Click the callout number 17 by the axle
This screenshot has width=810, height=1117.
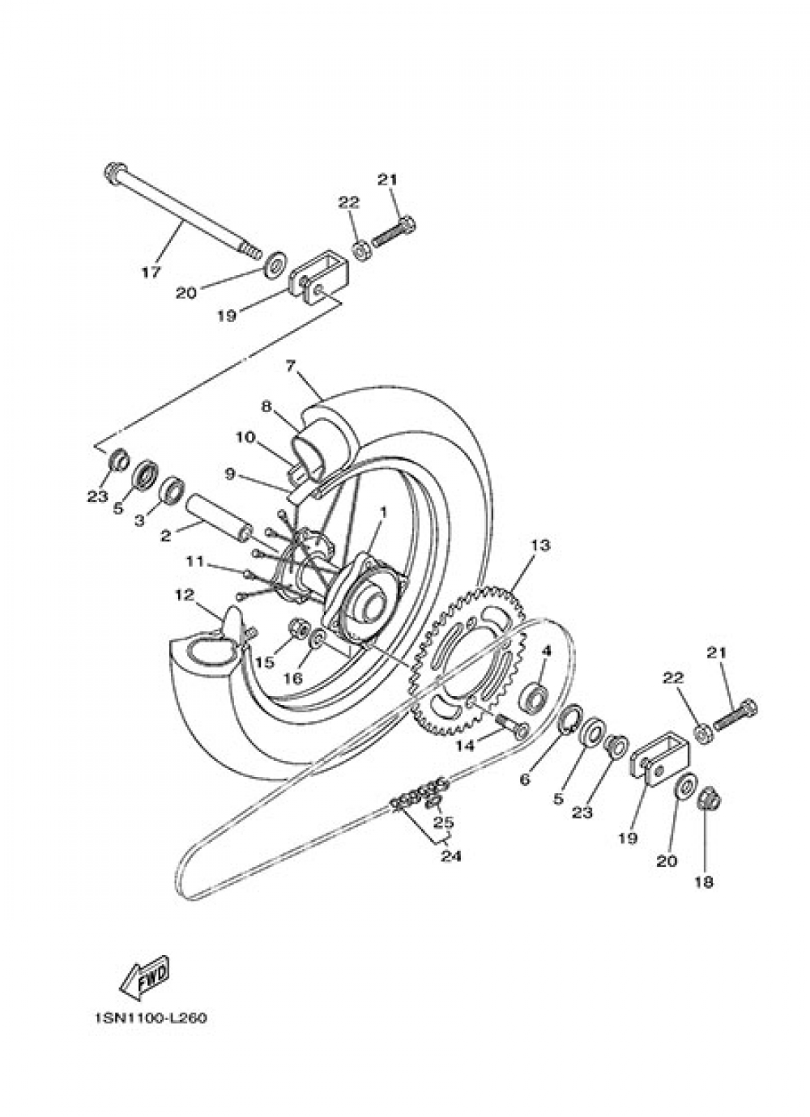point(151,272)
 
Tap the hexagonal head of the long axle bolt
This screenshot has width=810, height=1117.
point(113,172)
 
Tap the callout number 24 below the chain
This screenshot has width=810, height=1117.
point(450,855)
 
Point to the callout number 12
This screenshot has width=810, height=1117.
point(185,596)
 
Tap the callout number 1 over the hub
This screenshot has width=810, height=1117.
point(381,512)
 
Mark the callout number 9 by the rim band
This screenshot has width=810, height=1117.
point(230,475)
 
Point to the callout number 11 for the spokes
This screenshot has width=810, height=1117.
point(194,560)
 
